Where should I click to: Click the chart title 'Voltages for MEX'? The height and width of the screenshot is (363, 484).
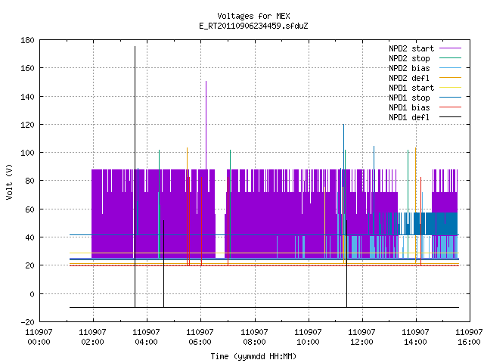click(x=253, y=16)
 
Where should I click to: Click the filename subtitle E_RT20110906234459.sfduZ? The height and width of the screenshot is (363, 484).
click(x=253, y=26)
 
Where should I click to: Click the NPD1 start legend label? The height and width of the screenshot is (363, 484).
click(x=411, y=88)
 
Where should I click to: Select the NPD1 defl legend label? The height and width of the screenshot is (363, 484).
click(x=409, y=117)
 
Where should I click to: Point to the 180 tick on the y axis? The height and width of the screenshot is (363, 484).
click(x=27, y=40)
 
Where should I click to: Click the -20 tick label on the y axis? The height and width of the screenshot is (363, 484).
click(x=27, y=322)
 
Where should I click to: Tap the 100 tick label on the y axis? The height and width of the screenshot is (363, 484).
click(x=27, y=153)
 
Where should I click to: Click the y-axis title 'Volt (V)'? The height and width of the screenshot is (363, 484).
click(x=9, y=181)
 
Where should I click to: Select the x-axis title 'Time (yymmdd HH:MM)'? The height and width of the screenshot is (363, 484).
click(x=253, y=356)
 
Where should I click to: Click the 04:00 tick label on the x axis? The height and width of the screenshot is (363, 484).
click(x=146, y=337)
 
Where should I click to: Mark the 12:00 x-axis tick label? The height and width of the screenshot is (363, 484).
click(x=361, y=337)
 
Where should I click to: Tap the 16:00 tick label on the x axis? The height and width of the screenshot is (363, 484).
click(x=469, y=337)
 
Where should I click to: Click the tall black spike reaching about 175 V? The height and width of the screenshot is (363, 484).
click(x=135, y=177)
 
